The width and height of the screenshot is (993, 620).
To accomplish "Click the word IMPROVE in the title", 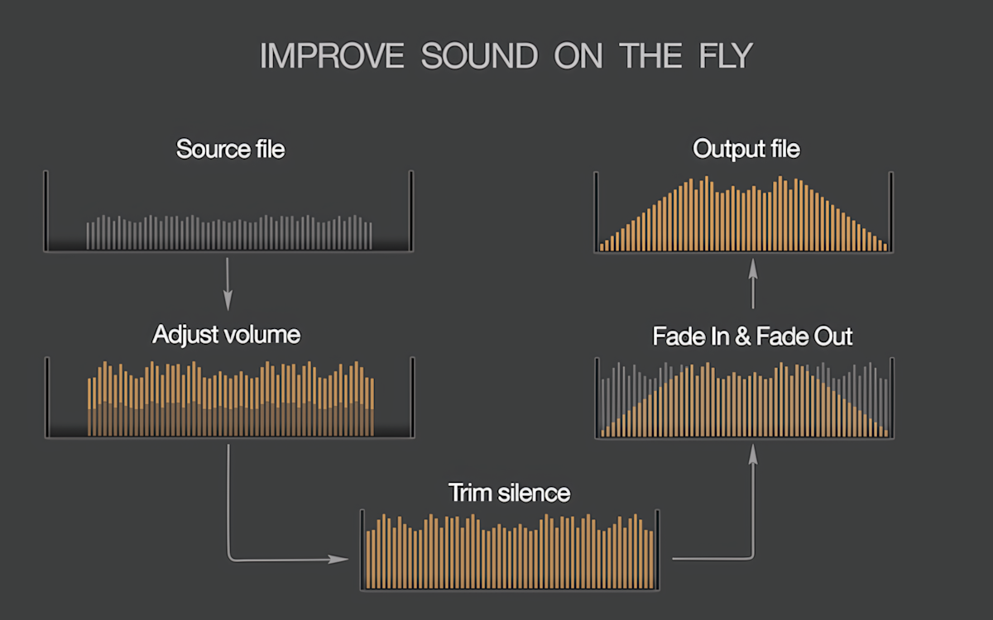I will (x=331, y=55).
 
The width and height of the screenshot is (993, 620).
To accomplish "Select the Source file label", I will (x=230, y=150).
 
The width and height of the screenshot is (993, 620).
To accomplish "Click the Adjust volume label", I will (x=226, y=335).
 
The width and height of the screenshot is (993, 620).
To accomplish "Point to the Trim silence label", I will (x=509, y=494).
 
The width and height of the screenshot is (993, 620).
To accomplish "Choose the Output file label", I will (x=746, y=150).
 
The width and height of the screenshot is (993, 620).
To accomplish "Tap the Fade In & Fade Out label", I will (x=752, y=336).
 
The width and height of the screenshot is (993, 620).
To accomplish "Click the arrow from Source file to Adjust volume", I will (x=228, y=281).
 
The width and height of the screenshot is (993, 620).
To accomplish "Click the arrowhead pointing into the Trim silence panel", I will (x=339, y=559).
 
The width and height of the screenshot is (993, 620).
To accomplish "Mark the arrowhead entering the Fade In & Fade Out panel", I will (x=753, y=451).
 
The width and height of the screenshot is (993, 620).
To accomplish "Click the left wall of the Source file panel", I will (x=46, y=210).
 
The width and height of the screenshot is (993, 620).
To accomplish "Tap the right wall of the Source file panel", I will (x=411, y=210).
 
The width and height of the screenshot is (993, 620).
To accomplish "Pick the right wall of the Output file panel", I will (x=890, y=210).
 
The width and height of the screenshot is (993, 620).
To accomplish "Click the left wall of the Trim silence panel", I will (x=362, y=549).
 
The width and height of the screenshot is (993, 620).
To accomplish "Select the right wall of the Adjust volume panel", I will (x=412, y=397).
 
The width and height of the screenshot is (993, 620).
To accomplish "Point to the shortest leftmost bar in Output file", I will (x=602, y=246).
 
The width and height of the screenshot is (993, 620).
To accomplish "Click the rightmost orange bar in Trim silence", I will (x=651, y=557).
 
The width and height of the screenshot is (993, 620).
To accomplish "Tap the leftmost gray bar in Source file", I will (x=89, y=236).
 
